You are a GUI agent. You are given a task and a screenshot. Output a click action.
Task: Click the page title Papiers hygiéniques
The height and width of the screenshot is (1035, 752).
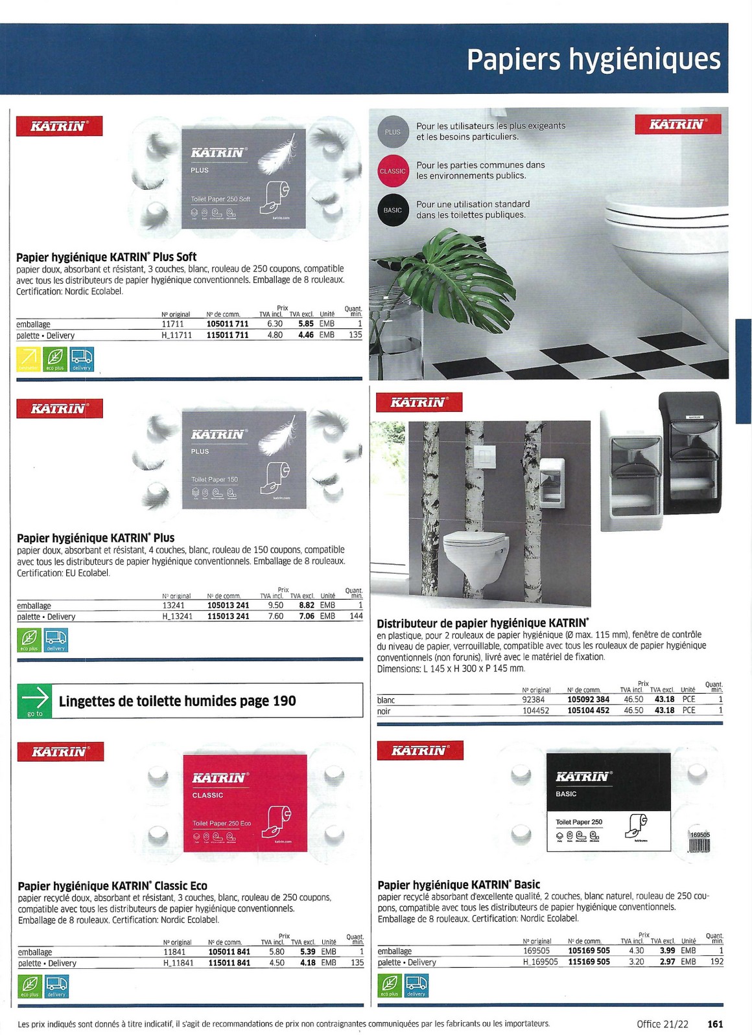pyautogui.click(x=593, y=60)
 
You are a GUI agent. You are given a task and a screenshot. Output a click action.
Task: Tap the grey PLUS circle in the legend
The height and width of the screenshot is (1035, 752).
pyautogui.click(x=393, y=132)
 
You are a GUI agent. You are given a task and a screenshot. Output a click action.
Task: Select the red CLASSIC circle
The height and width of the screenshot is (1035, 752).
pyautogui.click(x=393, y=172)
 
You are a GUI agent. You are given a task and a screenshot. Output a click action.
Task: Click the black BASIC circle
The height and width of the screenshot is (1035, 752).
pyautogui.click(x=393, y=210)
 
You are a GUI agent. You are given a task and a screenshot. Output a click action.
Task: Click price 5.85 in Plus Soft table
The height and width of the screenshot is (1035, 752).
pyautogui.click(x=306, y=324)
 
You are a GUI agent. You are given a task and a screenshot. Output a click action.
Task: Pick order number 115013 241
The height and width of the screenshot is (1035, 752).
pyautogui.click(x=228, y=617)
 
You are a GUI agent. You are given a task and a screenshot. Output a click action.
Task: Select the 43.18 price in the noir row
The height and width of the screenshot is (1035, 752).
pyautogui.click(x=664, y=711)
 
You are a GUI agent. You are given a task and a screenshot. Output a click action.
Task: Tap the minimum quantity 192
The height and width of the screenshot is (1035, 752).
pyautogui.click(x=716, y=962)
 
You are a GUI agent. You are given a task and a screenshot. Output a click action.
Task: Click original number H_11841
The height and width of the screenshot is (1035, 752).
pyautogui.click(x=178, y=963)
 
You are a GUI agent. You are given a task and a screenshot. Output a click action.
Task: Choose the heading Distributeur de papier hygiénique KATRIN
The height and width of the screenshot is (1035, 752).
pyautogui.click(x=483, y=624)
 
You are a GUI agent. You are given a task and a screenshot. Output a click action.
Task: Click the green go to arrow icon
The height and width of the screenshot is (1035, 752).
pyautogui.click(x=35, y=701)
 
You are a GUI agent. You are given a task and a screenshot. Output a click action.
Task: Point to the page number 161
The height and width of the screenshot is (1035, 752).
pyautogui.click(x=715, y=1024)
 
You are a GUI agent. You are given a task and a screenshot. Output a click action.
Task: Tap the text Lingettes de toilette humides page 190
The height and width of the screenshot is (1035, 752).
pyautogui.click(x=178, y=701)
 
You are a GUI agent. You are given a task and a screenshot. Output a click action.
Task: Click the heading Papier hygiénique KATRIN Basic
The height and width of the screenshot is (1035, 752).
pyautogui.click(x=458, y=885)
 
